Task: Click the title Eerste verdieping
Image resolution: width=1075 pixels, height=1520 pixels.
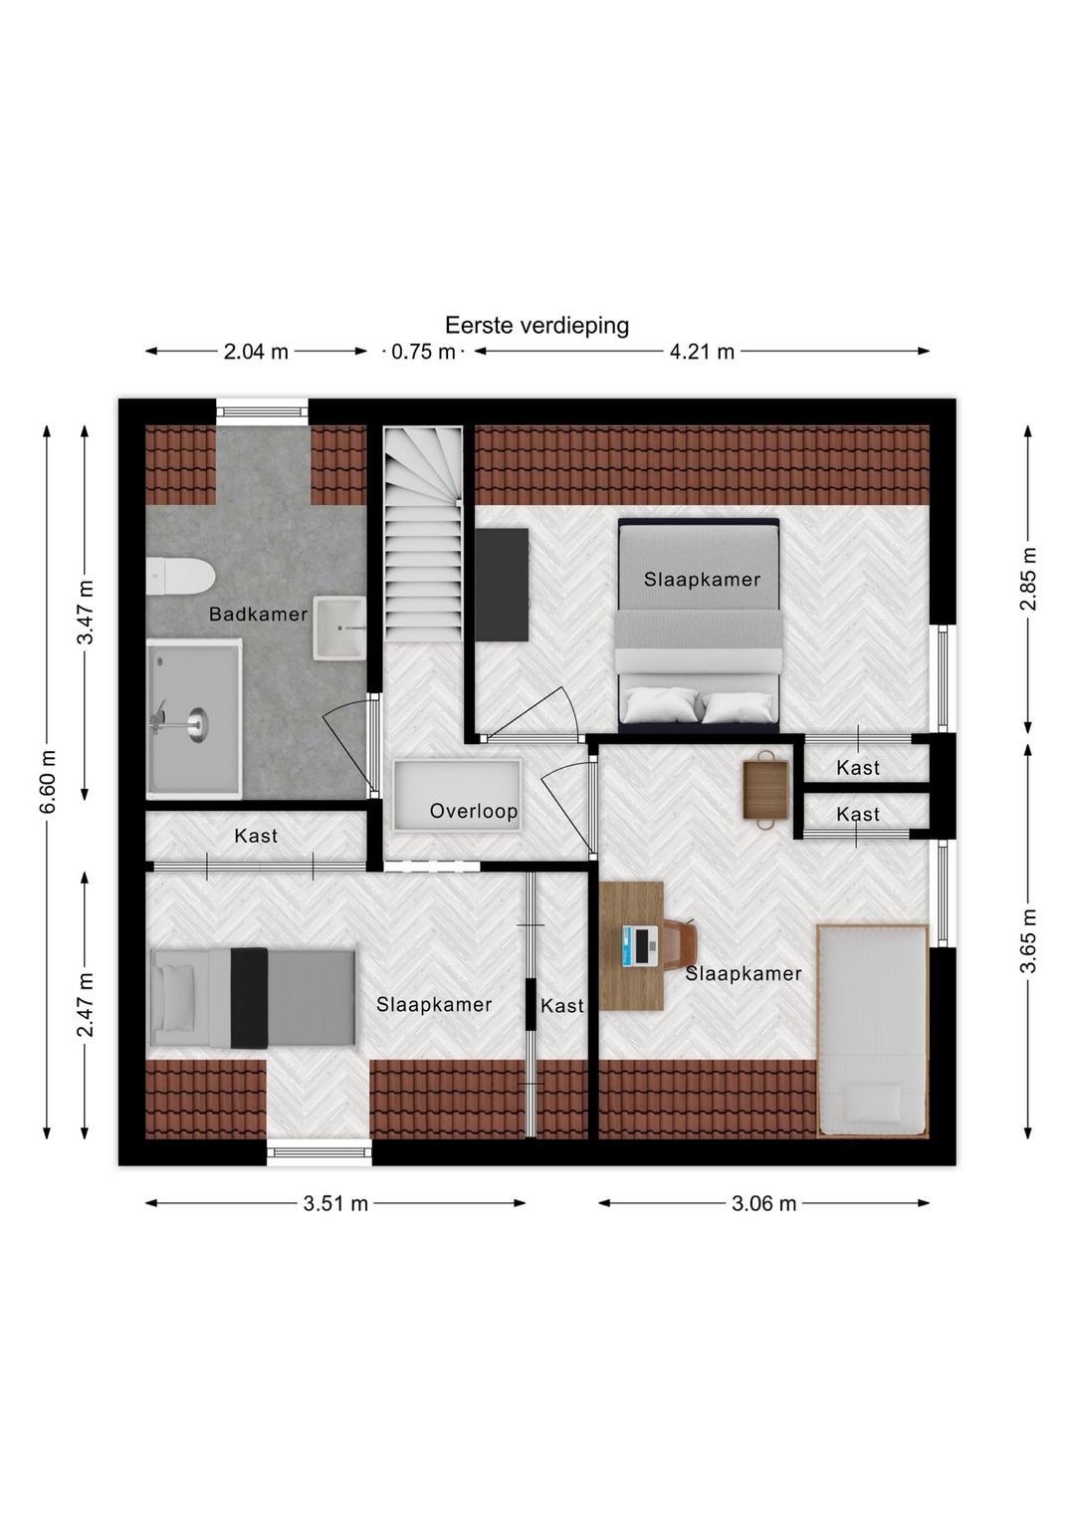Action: point(537,326)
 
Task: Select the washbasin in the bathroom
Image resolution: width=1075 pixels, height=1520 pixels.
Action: point(339,629)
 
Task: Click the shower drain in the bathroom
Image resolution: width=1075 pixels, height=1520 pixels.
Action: point(197,724)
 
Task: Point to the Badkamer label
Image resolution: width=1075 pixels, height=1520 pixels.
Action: point(258,615)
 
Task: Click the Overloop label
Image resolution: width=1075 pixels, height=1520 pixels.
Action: point(473,811)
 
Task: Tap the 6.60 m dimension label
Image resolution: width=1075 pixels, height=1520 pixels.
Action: point(48,783)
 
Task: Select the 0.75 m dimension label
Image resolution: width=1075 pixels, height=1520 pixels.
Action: point(423,352)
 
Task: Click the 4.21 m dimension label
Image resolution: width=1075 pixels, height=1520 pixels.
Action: point(702,352)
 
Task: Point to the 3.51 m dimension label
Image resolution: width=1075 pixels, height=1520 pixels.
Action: point(335,1203)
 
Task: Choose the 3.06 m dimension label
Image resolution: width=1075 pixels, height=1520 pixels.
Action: point(763,1203)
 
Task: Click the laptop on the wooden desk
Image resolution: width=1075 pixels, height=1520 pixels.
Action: point(640,946)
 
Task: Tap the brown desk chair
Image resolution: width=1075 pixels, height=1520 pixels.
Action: point(680,942)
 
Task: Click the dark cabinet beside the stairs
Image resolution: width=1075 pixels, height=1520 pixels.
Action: point(502,585)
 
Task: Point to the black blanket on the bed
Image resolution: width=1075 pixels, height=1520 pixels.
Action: point(249,997)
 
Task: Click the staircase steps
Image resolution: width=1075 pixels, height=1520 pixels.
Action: point(424,558)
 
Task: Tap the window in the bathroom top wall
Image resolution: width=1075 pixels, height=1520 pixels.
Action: point(263,411)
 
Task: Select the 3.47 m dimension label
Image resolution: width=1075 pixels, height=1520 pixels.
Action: point(86,612)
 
